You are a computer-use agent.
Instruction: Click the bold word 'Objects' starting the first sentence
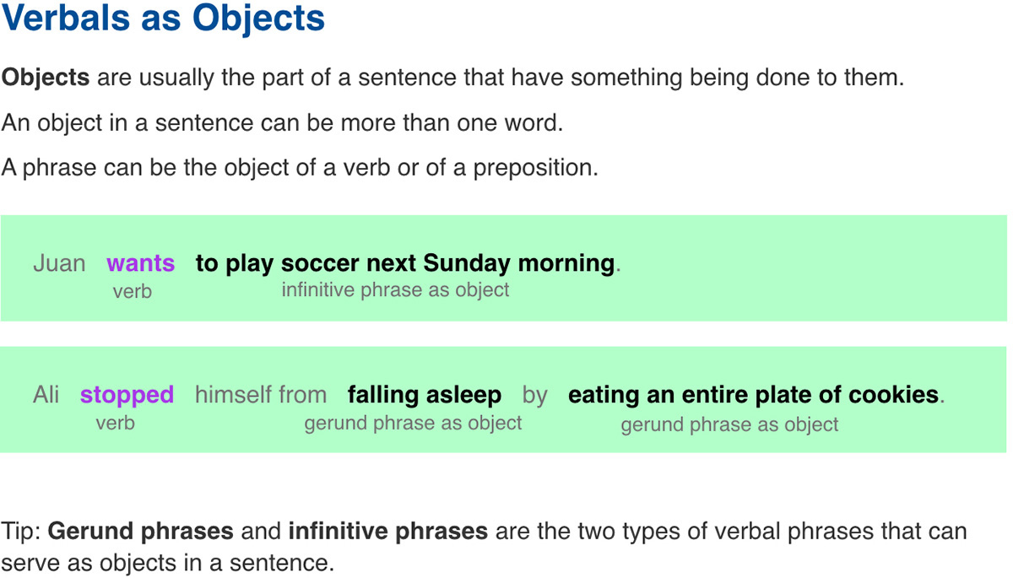[46, 78]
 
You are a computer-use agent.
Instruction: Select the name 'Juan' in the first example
[59, 263]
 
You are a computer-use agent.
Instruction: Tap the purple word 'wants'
[140, 263]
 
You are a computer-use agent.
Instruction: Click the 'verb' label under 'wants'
[133, 291]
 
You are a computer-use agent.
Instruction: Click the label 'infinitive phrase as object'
[395, 290]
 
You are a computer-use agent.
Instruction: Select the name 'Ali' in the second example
[46, 395]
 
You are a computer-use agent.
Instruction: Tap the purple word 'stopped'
[127, 395]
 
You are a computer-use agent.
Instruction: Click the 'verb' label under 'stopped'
[115, 423]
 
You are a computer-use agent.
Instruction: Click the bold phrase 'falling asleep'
[425, 395]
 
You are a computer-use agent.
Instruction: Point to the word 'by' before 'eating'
[534, 395]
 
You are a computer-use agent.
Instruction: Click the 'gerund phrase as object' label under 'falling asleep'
[413, 423]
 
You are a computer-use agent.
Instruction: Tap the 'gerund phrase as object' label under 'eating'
[729, 424]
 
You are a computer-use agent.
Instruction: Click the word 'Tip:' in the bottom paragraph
[22, 532]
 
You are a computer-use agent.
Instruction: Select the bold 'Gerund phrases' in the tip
[141, 532]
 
